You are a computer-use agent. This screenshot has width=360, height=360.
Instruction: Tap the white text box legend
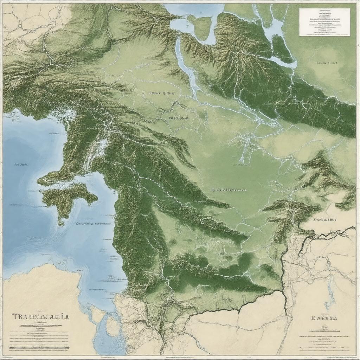tap(324, 22)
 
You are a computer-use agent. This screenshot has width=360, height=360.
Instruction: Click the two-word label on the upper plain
tap(162, 94)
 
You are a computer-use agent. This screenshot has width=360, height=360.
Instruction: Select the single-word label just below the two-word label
tap(179, 118)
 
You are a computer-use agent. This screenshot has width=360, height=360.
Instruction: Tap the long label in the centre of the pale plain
tap(229, 190)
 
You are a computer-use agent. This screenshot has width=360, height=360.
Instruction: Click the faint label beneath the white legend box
tap(327, 64)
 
